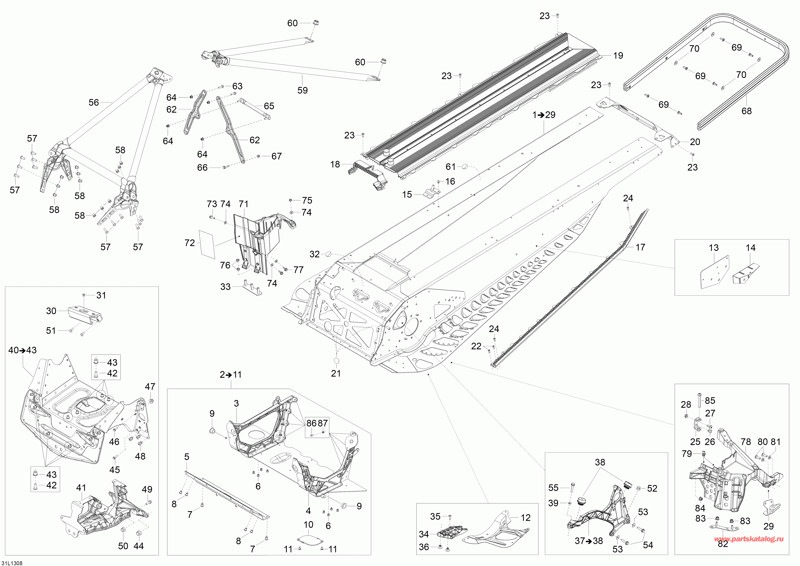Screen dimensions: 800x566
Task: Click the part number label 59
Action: point(303,90)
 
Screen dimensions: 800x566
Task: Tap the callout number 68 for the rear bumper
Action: point(746,111)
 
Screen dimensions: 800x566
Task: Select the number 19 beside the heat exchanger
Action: point(618,55)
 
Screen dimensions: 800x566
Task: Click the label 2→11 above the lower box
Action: point(231,375)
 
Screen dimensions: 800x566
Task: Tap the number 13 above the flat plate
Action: point(714,248)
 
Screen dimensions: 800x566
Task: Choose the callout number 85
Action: point(710,401)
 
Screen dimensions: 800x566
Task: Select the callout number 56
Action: point(94,102)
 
